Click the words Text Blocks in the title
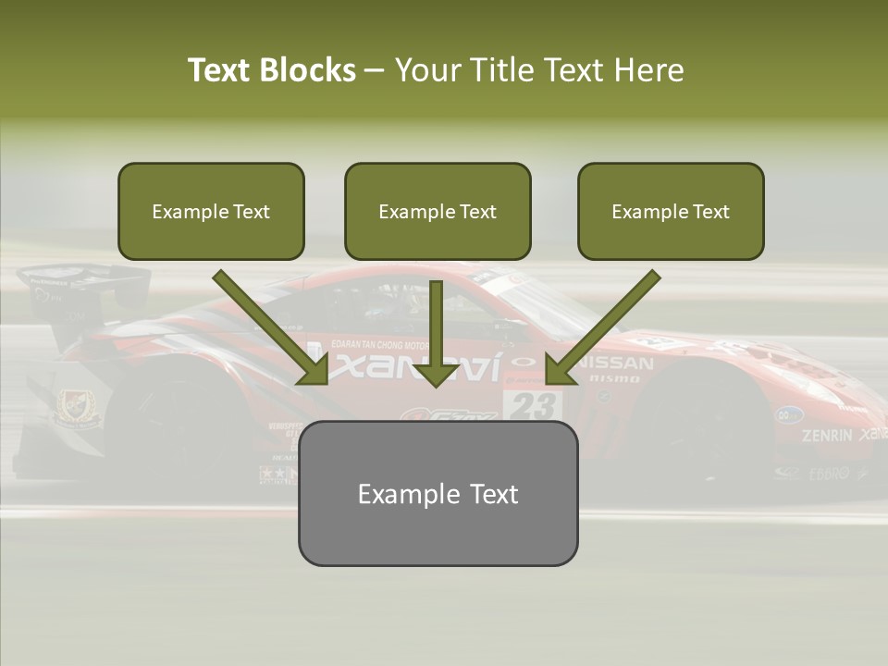[x=271, y=70]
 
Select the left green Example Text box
[x=211, y=212]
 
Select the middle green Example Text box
[x=438, y=212]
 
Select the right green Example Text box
[x=671, y=212]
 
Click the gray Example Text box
[x=438, y=493]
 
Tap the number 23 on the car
[x=533, y=405]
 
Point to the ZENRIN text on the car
[x=826, y=435]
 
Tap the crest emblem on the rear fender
[x=73, y=404]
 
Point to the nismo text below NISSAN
[x=614, y=378]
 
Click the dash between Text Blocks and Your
[x=375, y=70]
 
